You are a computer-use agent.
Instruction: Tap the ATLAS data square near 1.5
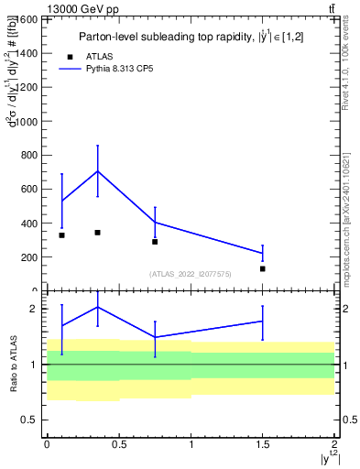click(262, 268)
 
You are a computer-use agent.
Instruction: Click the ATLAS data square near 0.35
click(97, 233)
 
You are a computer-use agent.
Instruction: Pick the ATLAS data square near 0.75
click(155, 242)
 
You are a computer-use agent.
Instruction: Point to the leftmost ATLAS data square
click(61, 235)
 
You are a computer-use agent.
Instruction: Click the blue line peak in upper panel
click(97, 171)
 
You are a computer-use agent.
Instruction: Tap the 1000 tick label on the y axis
click(26, 122)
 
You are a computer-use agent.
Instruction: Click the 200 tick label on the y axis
click(28, 257)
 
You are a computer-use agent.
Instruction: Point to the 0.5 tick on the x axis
click(119, 443)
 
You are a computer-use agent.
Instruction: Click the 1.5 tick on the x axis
click(263, 443)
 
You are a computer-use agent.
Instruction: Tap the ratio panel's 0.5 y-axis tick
click(31, 420)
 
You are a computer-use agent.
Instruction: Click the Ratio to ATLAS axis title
click(13, 364)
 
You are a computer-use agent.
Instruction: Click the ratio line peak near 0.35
click(97, 307)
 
